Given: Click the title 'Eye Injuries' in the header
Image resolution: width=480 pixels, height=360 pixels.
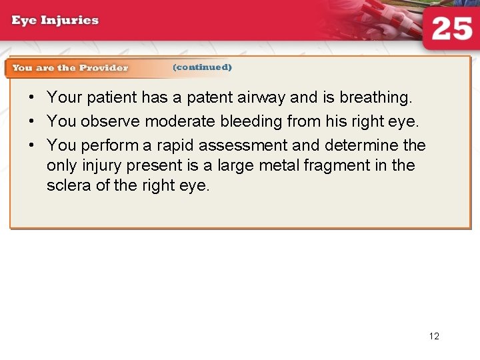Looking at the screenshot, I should coord(55,19).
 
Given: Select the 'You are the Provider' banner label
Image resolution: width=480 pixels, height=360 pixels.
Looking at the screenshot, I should coord(70,67).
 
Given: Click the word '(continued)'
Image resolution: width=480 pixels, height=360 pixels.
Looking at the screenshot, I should coord(202,67).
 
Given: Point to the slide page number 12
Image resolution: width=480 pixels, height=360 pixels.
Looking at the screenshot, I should coord(434,336).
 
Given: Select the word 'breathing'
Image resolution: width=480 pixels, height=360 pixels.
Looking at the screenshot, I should coord(375,98).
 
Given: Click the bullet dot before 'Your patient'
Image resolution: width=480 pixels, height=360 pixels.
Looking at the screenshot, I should coord(31,97).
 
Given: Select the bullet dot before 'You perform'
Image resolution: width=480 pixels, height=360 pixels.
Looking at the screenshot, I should coord(31,145).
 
